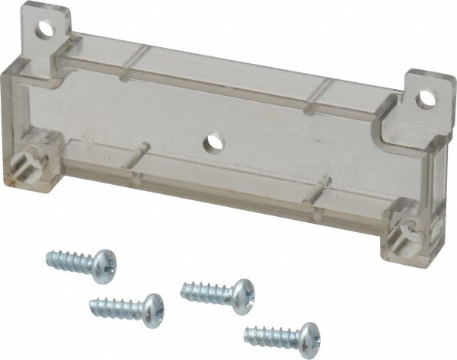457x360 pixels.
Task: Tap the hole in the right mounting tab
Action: (426, 97)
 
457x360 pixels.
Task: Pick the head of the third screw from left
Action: (241, 295)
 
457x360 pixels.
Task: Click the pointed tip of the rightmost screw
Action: (247, 330)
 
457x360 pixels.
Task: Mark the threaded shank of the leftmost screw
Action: (70, 261)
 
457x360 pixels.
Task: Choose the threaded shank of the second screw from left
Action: (114, 307)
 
